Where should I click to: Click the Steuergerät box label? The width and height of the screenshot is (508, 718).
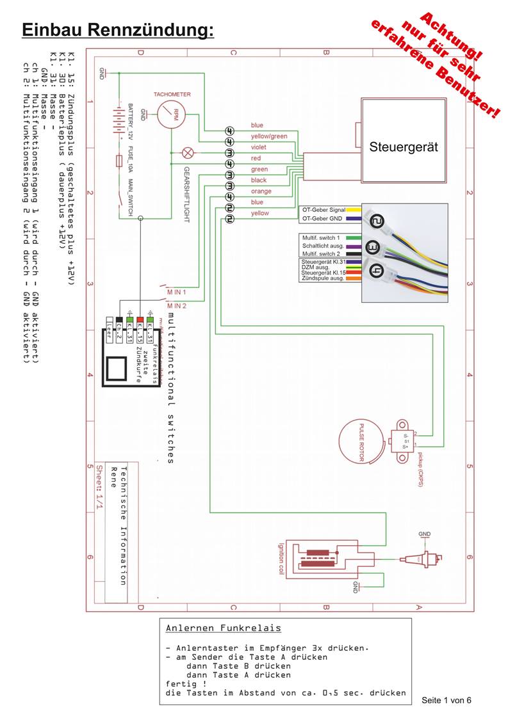click(403, 147)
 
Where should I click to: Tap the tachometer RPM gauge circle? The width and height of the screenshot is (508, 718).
click(171, 115)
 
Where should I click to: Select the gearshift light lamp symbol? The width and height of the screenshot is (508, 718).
click(188, 152)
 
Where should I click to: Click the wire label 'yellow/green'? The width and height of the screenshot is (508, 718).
click(268, 136)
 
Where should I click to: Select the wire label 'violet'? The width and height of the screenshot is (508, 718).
click(259, 147)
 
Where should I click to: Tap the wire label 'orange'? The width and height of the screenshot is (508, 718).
click(261, 191)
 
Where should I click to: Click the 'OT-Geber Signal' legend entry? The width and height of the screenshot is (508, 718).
click(324, 209)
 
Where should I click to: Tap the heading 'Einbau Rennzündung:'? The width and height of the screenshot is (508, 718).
click(117, 29)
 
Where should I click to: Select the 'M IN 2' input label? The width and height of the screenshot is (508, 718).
click(176, 306)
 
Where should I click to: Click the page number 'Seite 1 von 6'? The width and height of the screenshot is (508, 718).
click(447, 699)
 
